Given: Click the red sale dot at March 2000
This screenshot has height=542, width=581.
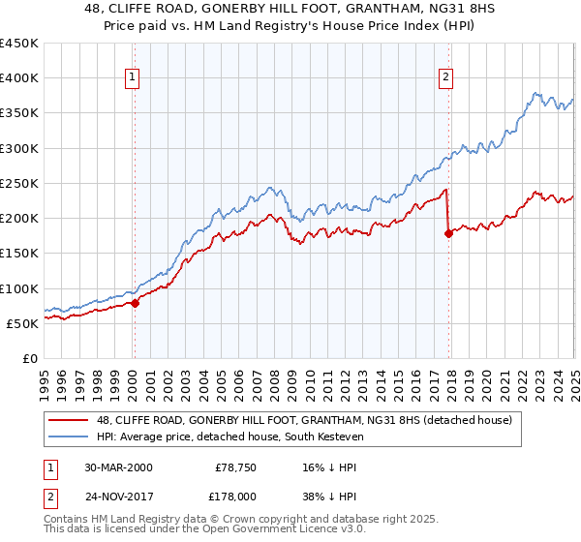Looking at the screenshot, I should click(136, 303).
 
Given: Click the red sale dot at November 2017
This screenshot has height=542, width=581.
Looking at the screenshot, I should click(448, 233).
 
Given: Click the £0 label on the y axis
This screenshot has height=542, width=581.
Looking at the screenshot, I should click(29, 358).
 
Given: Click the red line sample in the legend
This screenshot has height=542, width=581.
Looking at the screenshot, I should click(70, 420).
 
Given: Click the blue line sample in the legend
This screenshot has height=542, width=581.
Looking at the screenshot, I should click(70, 436).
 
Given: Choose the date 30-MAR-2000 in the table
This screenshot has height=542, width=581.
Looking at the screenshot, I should click(118, 467).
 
